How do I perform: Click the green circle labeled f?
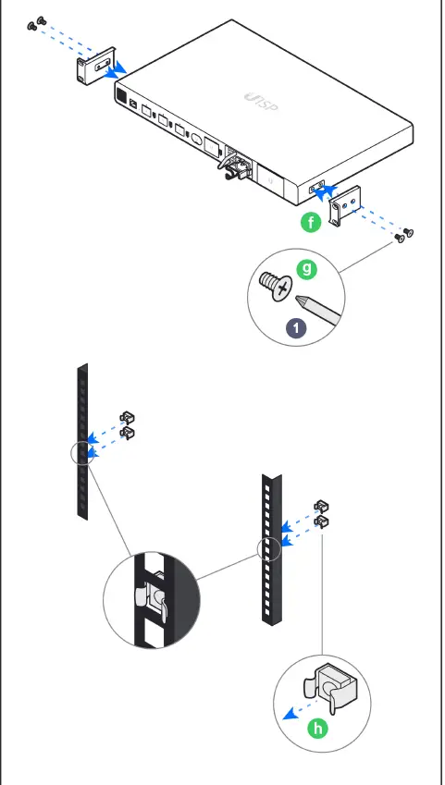pos(312,222)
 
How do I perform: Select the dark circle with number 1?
pos(295,327)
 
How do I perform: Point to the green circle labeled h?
pos(317,728)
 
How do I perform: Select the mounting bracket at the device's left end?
pos(89,69)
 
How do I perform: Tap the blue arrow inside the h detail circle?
pos(297,712)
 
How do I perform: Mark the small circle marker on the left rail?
pos(81,452)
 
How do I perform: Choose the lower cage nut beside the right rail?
pos(321,522)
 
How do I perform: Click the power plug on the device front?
pos(233,167)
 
